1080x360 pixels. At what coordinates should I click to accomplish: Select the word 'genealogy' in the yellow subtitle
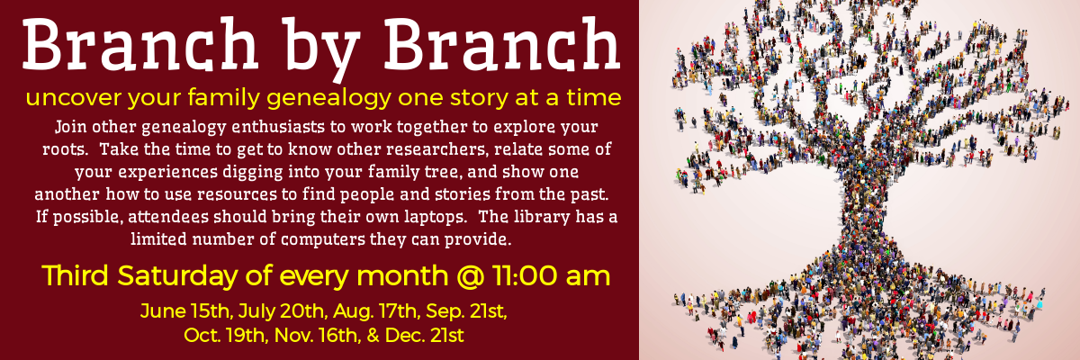pyautogui.click(x=328, y=99)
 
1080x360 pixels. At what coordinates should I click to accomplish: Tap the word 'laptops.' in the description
pyautogui.click(x=435, y=217)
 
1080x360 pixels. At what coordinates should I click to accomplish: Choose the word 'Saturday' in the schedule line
pyautogui.click(x=177, y=276)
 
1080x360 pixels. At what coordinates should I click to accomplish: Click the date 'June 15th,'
pyautogui.click(x=185, y=311)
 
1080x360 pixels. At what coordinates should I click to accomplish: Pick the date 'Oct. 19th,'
pyautogui.click(x=226, y=336)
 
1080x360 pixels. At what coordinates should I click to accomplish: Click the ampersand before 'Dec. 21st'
pyautogui.click(x=373, y=336)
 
